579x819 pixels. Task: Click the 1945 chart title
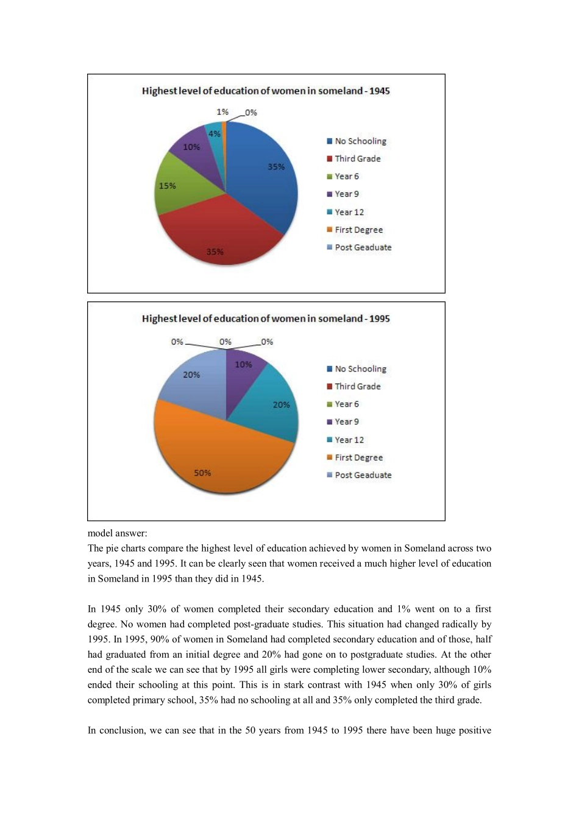tap(266, 91)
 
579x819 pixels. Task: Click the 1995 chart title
tap(266, 318)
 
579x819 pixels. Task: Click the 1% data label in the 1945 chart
tap(222, 112)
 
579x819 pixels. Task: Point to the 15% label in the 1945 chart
tap(168, 186)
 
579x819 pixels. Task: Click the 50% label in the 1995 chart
tap(202, 473)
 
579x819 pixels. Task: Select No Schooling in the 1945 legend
tap(360, 141)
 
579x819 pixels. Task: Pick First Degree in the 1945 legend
tap(358, 230)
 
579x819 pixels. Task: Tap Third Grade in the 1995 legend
tap(357, 387)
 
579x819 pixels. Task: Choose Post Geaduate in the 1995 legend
tap(363, 476)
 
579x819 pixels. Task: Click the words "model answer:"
tap(117, 533)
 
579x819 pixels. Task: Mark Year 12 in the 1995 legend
tap(349, 440)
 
